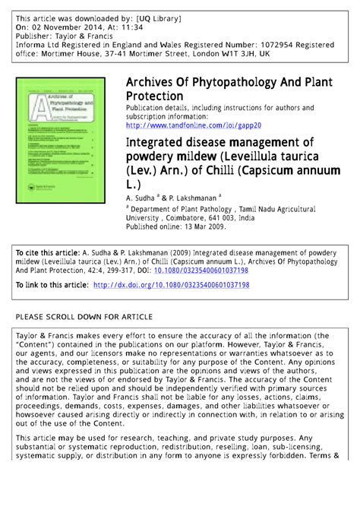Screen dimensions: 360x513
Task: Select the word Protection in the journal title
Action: click(x=156, y=97)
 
